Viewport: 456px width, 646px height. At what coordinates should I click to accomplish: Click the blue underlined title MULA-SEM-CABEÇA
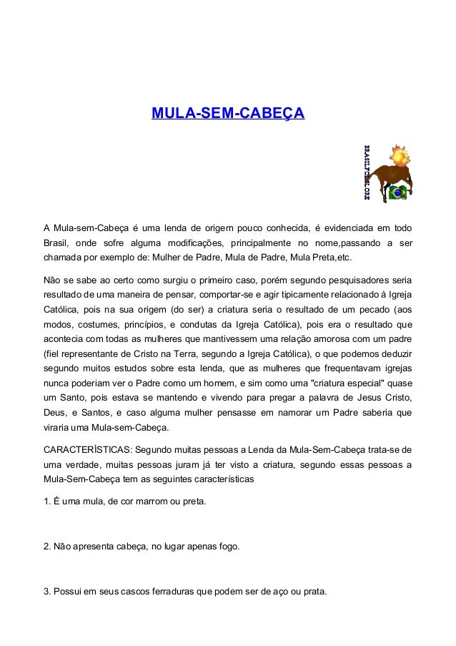point(228,114)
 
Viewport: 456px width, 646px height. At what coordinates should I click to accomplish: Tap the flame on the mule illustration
point(399,155)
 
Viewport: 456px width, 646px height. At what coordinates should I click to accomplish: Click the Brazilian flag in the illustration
point(397,192)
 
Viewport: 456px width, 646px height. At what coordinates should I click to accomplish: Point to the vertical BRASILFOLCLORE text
point(367,172)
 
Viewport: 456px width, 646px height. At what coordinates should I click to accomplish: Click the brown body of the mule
point(390,174)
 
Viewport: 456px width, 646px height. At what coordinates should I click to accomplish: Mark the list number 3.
point(46,592)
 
